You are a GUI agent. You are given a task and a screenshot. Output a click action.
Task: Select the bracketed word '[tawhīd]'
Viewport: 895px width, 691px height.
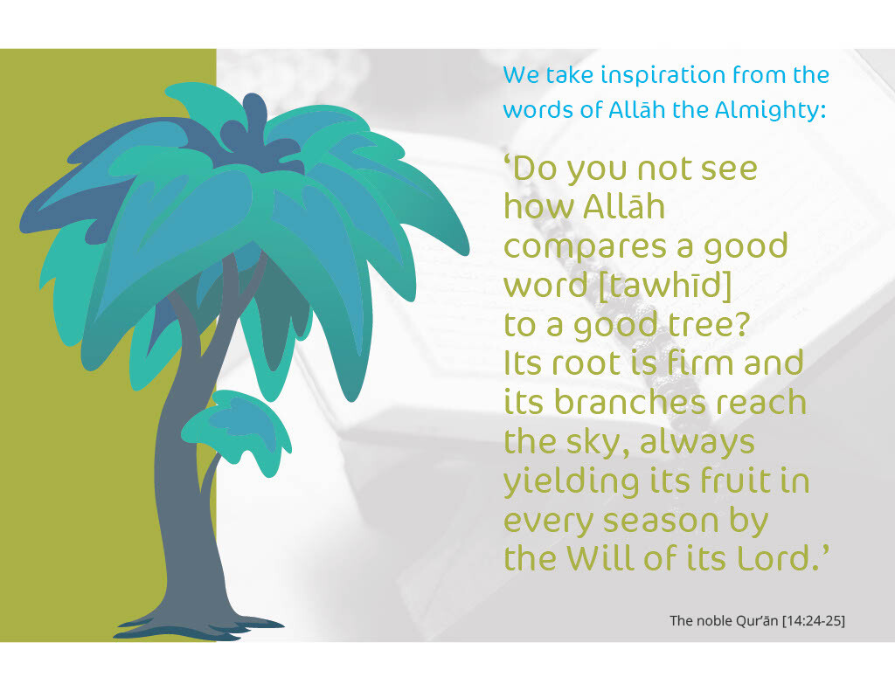665,286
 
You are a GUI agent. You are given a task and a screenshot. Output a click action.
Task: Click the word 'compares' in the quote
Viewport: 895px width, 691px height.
586,248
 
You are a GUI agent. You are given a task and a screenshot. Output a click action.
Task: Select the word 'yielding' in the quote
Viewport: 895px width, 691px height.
571,482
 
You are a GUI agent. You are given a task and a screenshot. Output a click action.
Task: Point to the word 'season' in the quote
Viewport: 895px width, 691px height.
648,522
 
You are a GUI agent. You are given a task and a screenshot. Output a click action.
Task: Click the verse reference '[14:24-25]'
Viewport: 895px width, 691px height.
814,621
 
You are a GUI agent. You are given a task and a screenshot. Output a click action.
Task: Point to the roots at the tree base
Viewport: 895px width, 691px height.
197,626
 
